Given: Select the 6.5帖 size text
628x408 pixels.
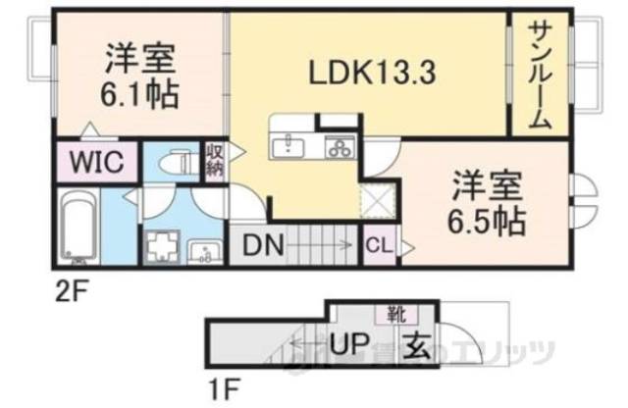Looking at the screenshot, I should coord(487,218).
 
